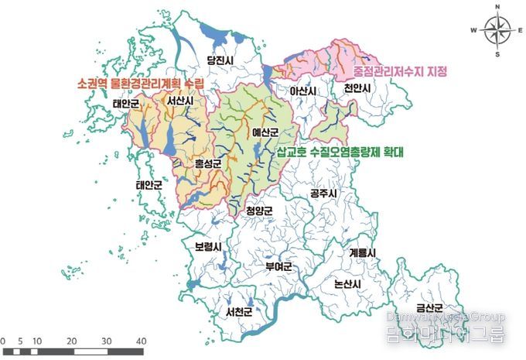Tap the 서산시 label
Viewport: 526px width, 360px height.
point(179,101)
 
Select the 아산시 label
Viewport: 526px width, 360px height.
point(303,91)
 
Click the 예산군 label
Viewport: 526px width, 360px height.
point(265,132)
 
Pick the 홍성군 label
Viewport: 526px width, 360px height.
point(207,163)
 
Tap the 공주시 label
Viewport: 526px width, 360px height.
point(323,191)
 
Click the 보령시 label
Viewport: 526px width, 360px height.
point(208,248)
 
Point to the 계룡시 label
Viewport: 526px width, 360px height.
point(361,253)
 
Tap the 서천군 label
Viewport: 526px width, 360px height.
point(240,313)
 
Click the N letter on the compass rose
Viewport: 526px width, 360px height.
point(498,8)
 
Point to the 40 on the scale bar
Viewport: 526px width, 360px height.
point(141,341)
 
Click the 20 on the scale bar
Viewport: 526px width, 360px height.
point(71,341)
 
